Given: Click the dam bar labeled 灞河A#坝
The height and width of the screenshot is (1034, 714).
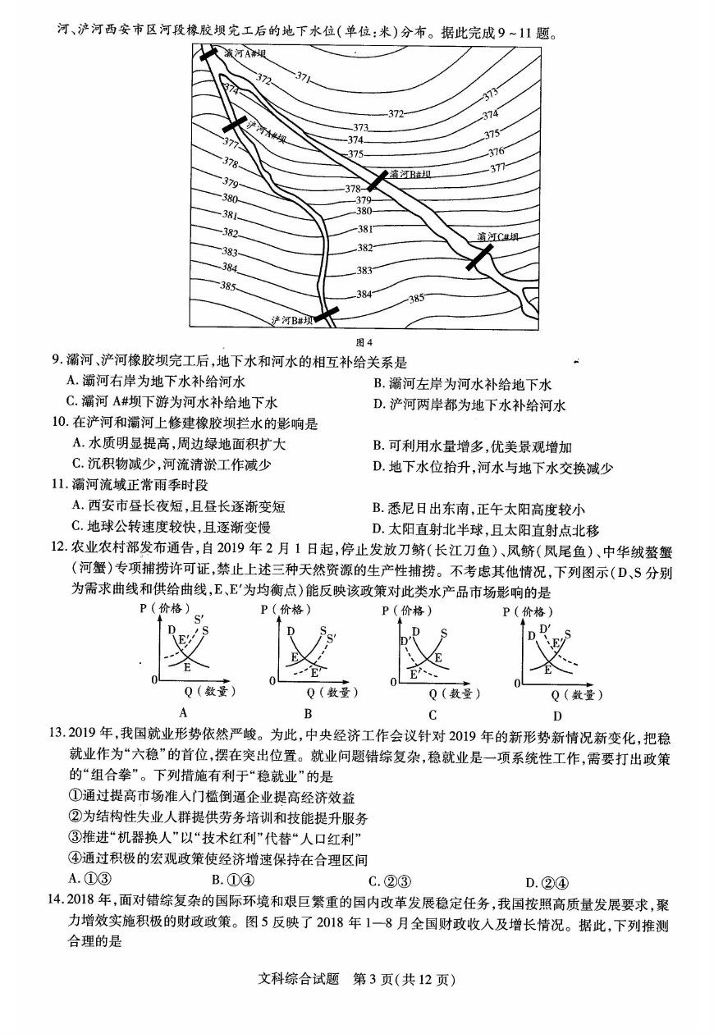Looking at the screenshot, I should click(x=209, y=54).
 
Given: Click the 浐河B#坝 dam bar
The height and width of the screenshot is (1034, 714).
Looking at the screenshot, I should click(x=327, y=313).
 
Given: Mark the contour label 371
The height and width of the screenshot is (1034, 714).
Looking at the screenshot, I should click(x=303, y=78).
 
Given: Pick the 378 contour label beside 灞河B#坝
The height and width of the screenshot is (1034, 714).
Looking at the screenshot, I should click(x=353, y=190).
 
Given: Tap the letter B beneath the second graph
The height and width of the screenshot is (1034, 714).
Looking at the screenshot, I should click(x=308, y=713).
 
